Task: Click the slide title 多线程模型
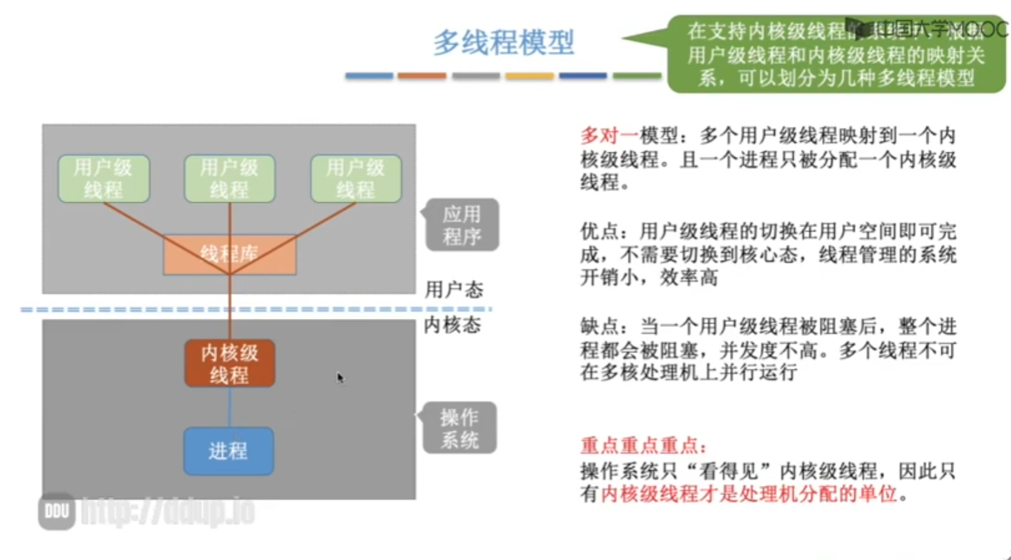pyautogui.click(x=504, y=42)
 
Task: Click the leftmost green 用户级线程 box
pyautogui.click(x=103, y=179)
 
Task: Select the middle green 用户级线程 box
pyautogui.click(x=229, y=179)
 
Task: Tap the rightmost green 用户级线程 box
pyautogui.click(x=356, y=179)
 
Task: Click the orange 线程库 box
pyautogui.click(x=229, y=254)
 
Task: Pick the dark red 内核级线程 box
pyautogui.click(x=229, y=363)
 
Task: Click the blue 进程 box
pyautogui.click(x=229, y=451)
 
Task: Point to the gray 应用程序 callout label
pyautogui.click(x=462, y=225)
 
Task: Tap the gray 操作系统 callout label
pyautogui.click(x=460, y=428)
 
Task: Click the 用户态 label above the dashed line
pyautogui.click(x=453, y=289)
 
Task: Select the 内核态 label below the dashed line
pyautogui.click(x=453, y=325)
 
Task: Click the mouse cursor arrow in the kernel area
pyautogui.click(x=340, y=377)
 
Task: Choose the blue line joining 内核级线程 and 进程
pyautogui.click(x=229, y=407)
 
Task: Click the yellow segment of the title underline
pyautogui.click(x=530, y=76)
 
